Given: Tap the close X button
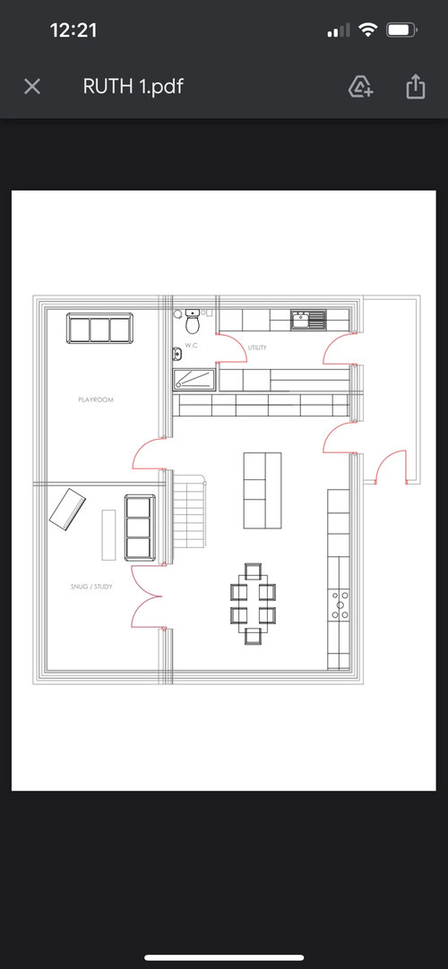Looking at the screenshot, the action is [x=32, y=87].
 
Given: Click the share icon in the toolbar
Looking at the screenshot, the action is [x=416, y=87].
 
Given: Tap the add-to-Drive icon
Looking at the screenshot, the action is [x=361, y=87].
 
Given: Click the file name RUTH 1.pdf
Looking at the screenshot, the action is [x=133, y=87].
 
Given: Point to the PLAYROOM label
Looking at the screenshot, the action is [x=96, y=399].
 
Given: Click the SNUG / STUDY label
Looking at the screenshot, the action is [x=91, y=587].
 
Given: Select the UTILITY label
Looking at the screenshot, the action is [x=257, y=347].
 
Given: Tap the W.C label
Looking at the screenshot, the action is [x=191, y=346].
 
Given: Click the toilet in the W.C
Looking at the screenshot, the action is [x=193, y=322].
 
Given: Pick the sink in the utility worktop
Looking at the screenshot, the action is [x=308, y=320].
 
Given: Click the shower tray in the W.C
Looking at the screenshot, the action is [x=194, y=380].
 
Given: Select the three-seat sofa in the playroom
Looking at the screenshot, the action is [x=99, y=329].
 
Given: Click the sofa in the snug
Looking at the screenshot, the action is [x=140, y=527].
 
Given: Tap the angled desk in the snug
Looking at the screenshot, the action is [x=67, y=509].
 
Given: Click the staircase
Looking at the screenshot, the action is [x=188, y=511].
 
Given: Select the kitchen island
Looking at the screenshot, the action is [x=262, y=491].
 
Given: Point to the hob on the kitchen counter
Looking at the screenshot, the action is [x=339, y=605].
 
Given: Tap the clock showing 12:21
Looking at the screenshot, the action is [x=73, y=30].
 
